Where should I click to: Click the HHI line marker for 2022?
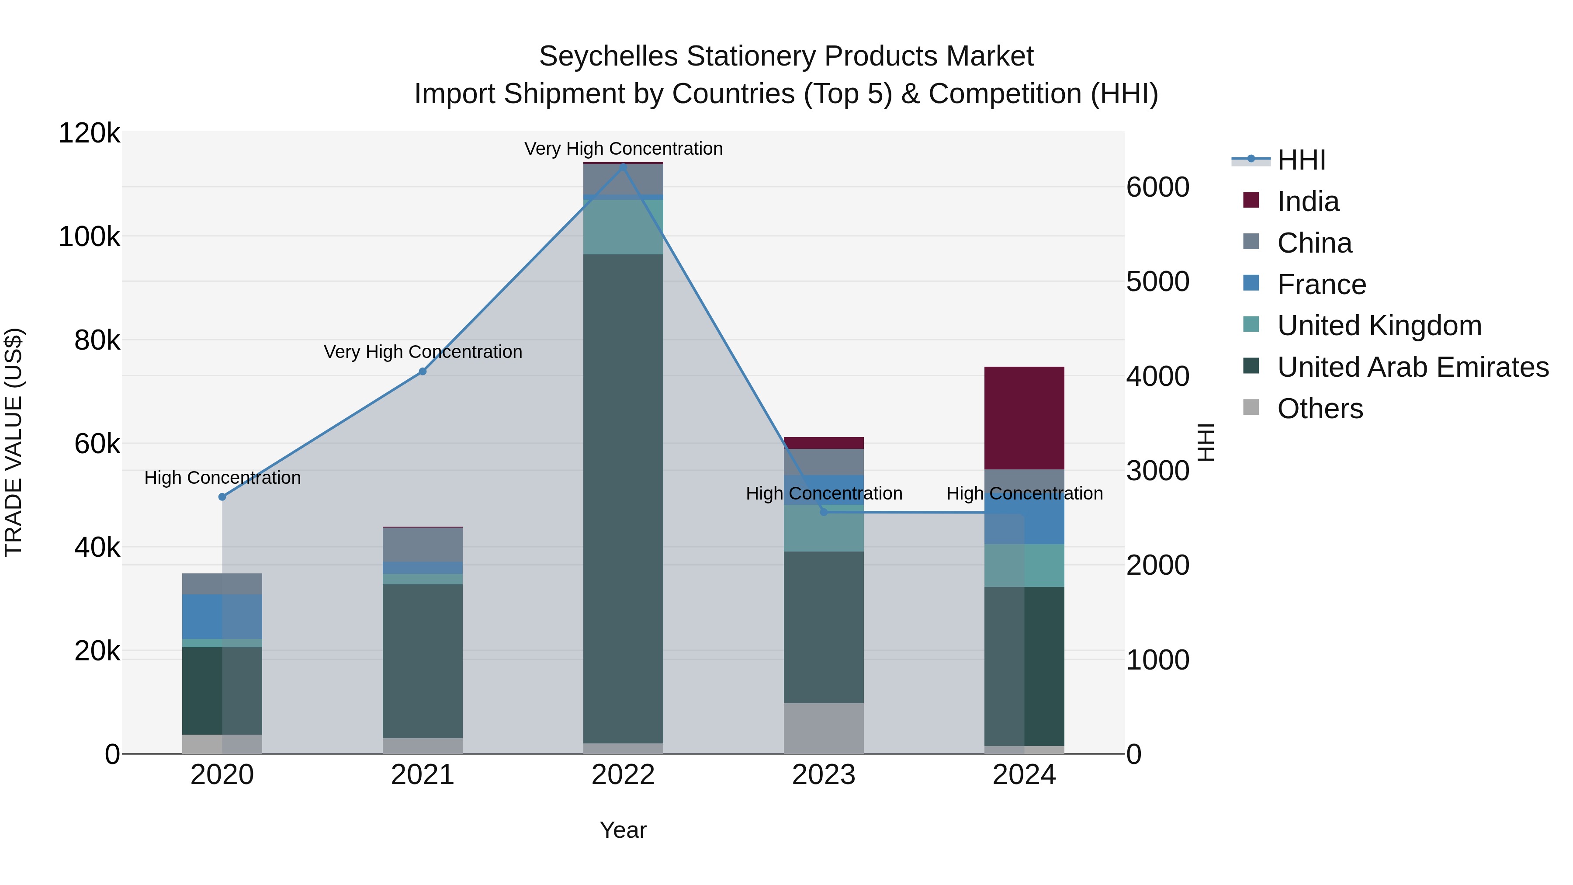pyautogui.click(x=623, y=166)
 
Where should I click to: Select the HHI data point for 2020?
pyautogui.click(x=222, y=496)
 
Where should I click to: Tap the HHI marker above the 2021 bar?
pyautogui.click(x=423, y=371)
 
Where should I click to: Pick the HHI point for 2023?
pyautogui.click(x=824, y=512)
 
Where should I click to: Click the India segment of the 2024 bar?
pyautogui.click(x=1024, y=418)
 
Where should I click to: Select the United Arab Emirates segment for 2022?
pyautogui.click(x=623, y=498)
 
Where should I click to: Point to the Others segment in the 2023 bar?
pyautogui.click(x=824, y=728)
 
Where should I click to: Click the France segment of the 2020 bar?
pyautogui.click(x=222, y=616)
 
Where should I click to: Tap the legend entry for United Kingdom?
pyautogui.click(x=1379, y=326)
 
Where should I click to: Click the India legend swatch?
pyautogui.click(x=1251, y=200)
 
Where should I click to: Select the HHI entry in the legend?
pyautogui.click(x=1301, y=160)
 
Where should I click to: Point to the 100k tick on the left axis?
pyautogui.click(x=89, y=237)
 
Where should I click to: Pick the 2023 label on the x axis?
pyautogui.click(x=824, y=775)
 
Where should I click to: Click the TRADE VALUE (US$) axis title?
pyautogui.click(x=14, y=442)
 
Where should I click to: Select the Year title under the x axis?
pyautogui.click(x=623, y=830)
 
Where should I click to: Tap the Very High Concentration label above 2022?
pyautogui.click(x=623, y=149)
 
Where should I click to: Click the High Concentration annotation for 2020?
pyautogui.click(x=222, y=478)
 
